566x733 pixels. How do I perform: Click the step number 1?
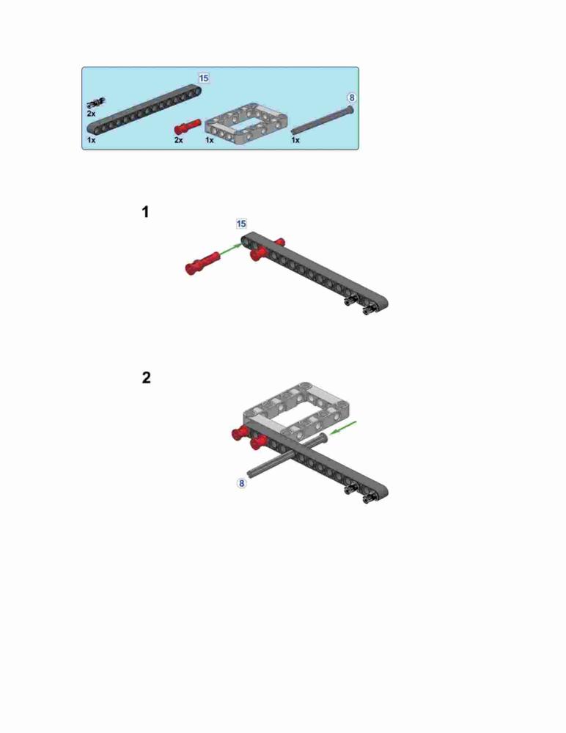coord(145,212)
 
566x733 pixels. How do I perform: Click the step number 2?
coord(147,377)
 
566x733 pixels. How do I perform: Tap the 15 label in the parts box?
coord(204,78)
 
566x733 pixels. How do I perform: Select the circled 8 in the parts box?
coord(351,97)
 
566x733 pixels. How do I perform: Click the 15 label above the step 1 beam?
coord(241,224)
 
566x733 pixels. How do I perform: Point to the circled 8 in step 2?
coord(241,483)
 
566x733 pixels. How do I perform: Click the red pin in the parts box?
coord(188,127)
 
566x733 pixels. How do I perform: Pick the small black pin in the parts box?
coord(96,103)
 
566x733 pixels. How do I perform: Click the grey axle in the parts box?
coord(323,120)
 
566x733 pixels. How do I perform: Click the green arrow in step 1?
coord(230,249)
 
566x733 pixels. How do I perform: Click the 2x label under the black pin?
coord(91,114)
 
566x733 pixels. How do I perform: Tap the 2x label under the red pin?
coord(179,140)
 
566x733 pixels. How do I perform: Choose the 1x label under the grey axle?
coord(295,140)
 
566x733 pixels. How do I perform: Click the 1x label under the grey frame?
coord(210,140)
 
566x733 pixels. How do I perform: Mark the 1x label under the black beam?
coord(91,140)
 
